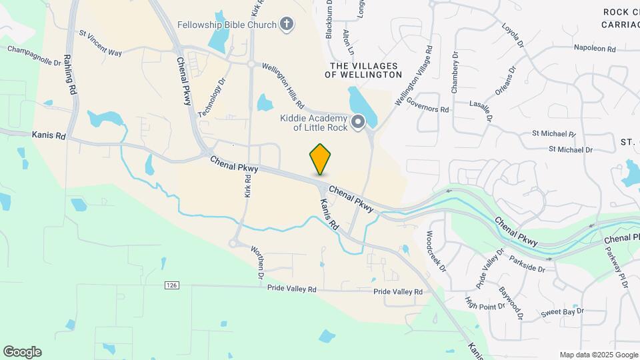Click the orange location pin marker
coord(321,159)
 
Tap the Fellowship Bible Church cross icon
coord(286,25)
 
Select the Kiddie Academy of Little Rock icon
coord(358,121)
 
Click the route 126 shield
coord(173,285)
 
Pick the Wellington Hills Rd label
coord(283,86)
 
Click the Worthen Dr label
coord(258,262)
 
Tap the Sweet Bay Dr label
coord(562,312)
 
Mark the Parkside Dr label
coord(527,263)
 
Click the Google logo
coord(22,352)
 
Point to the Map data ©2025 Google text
coord(598,355)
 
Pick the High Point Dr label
coord(477,303)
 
